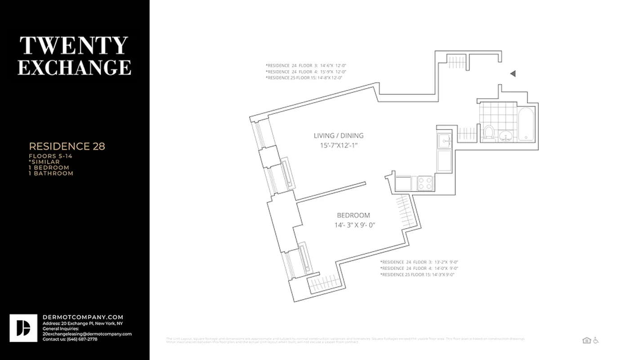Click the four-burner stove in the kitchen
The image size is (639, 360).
click(425, 183)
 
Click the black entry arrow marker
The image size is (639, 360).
click(513, 74)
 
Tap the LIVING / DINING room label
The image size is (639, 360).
click(338, 135)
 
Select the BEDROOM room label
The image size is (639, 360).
click(353, 216)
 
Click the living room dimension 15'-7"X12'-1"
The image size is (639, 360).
click(338, 145)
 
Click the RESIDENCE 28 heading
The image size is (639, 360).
click(67, 146)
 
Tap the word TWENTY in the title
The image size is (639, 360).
click(74, 46)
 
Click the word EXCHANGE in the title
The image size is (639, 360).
click(74, 67)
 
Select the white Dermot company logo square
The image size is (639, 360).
click(23, 328)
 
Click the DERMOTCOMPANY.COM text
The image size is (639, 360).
click(83, 317)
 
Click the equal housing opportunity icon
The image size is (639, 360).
click(586, 340)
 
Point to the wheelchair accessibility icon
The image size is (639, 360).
click(596, 340)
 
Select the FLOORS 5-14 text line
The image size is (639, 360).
click(50, 156)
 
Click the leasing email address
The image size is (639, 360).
click(87, 334)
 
